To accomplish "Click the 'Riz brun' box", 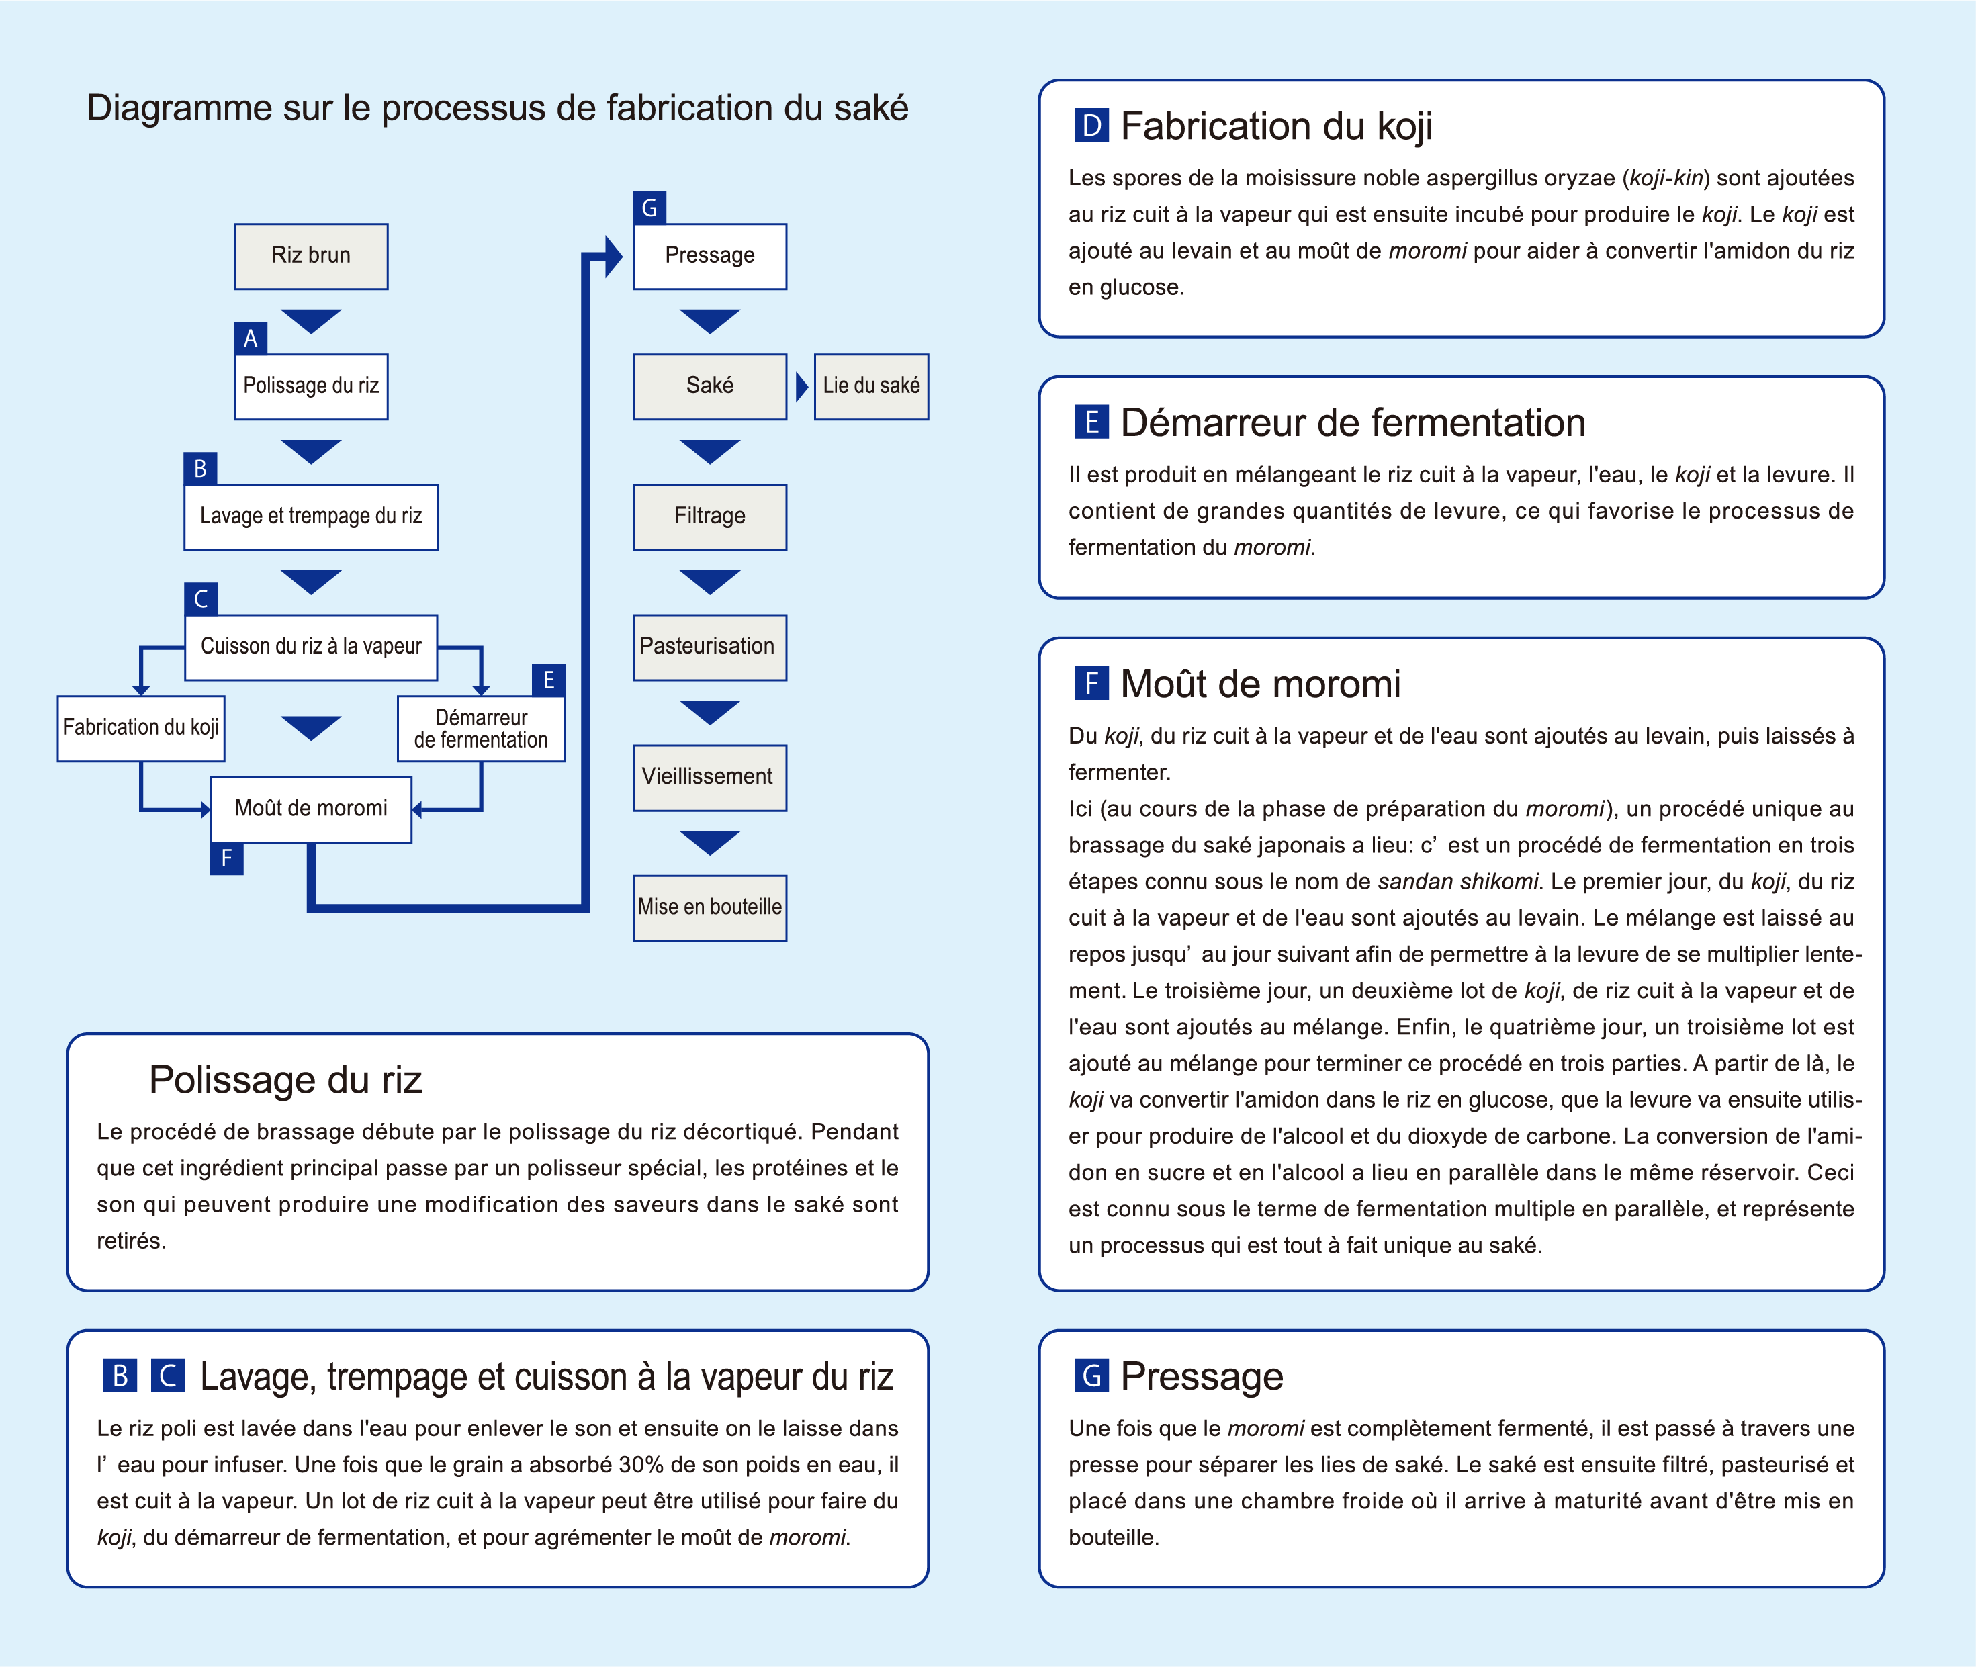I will coord(311,256).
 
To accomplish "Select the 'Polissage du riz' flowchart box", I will coord(311,386).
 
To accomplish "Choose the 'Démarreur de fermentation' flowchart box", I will coord(481,729).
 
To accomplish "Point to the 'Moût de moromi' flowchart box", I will coord(311,809).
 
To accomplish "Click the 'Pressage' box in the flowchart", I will coord(710,256).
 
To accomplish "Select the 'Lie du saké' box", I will coord(871,386).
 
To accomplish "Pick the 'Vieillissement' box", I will coord(710,778).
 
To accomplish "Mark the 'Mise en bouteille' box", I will coord(710,908).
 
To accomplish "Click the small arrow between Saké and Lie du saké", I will coord(801,386).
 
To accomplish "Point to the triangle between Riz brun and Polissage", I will coord(311,320).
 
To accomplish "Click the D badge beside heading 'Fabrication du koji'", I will coord(1091,126).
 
